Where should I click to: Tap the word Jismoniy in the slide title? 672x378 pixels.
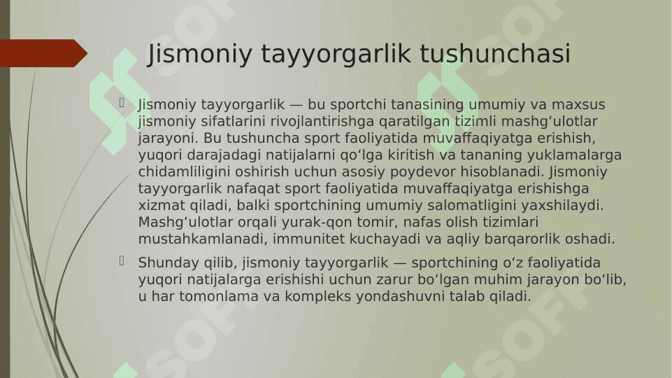[x=200, y=55]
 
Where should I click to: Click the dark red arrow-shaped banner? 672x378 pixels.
[x=43, y=53]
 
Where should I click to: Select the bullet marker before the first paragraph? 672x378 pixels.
[x=122, y=102]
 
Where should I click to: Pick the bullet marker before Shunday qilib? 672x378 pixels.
[x=122, y=261]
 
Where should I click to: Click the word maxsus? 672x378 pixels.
[x=578, y=105]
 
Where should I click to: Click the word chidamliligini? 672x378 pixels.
[x=184, y=171]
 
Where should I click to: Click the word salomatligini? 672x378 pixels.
[x=472, y=206]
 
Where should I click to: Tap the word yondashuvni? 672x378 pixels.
[x=400, y=297]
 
